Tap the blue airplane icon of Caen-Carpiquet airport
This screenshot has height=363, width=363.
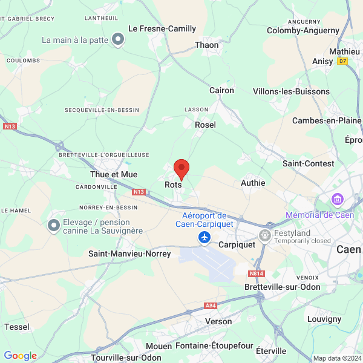(204, 238)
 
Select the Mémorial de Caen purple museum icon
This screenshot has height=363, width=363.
(337, 199)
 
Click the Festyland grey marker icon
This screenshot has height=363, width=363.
(265, 234)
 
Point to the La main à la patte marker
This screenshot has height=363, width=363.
(119, 40)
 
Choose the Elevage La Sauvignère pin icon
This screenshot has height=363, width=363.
(54, 226)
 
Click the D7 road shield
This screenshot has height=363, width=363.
(343, 61)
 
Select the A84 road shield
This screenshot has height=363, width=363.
(211, 306)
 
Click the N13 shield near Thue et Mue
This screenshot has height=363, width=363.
(139, 192)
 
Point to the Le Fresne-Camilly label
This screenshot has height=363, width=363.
(163, 28)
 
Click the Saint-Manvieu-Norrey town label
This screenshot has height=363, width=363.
(130, 253)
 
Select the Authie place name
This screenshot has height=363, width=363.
(253, 182)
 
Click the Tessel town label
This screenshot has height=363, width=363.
(16, 327)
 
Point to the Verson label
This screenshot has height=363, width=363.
(218, 321)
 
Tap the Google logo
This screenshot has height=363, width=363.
(21, 356)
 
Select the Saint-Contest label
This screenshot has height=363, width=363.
(308, 163)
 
